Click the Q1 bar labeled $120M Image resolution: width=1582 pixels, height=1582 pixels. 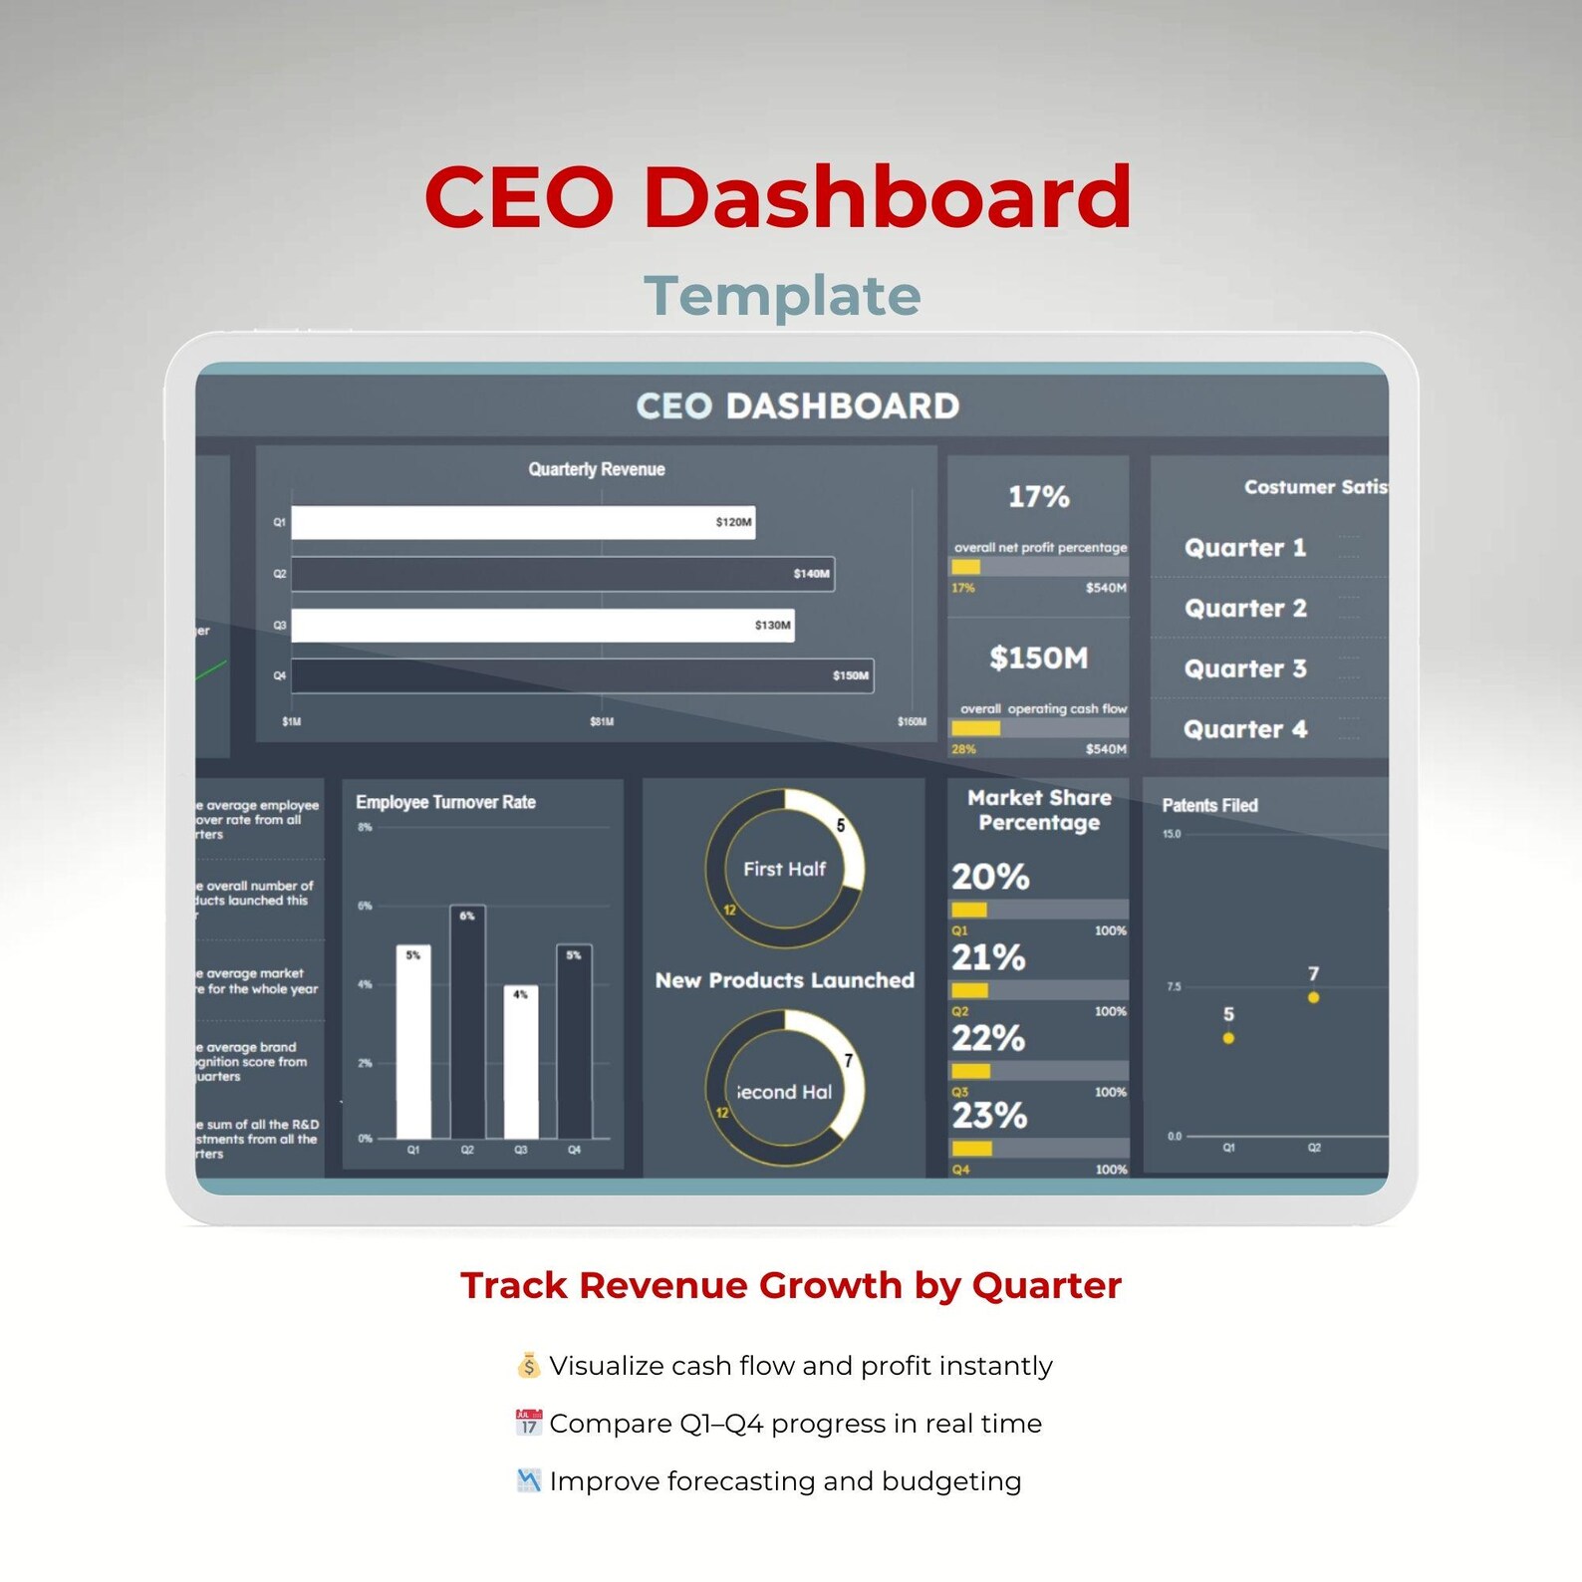coord(522,522)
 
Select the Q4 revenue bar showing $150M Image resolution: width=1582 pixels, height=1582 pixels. coord(582,675)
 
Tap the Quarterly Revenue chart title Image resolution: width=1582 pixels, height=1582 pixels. coord(596,469)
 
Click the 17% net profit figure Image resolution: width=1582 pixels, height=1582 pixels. coord(1038,496)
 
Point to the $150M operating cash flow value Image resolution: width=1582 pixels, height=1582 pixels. coord(1038,658)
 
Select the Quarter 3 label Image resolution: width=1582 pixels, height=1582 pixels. coord(1244,668)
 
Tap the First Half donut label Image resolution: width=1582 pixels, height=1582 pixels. coord(784,869)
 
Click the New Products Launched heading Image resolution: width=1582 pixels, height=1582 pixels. coord(784,980)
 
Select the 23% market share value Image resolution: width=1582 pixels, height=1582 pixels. coord(988,1116)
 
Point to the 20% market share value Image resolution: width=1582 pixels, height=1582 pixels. coord(989,877)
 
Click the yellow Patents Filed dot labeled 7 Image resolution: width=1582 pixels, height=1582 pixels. coord(1313,997)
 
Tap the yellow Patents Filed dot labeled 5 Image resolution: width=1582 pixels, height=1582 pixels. coord(1228,1038)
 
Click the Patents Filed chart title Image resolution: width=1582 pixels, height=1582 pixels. coord(1209,805)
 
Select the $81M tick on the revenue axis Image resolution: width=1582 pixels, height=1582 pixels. coord(602,721)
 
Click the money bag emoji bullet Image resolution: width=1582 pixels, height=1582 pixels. coord(528,1365)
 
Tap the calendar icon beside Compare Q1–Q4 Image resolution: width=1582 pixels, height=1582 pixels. coord(528,1423)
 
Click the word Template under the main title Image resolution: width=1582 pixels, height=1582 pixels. coord(782,296)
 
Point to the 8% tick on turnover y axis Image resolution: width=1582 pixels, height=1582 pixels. coord(365,827)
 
